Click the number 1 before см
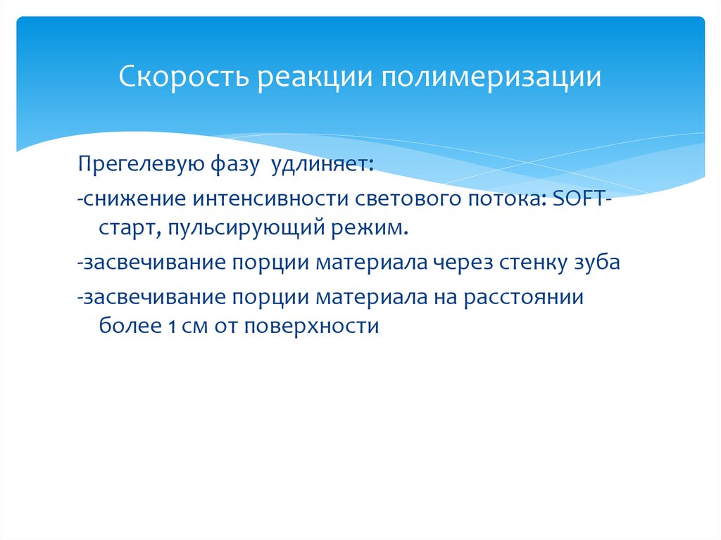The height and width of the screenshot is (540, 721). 172,327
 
